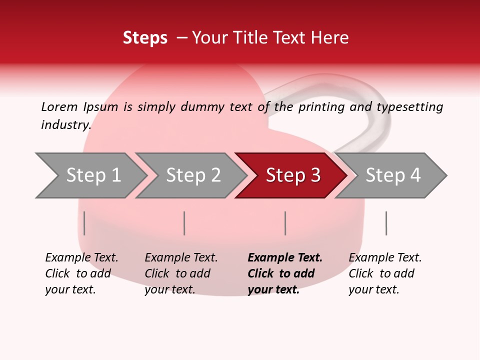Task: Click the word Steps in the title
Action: (145, 38)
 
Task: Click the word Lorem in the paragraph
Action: (59, 106)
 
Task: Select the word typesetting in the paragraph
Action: (409, 107)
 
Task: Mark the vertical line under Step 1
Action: (84, 223)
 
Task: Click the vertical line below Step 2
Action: (184, 223)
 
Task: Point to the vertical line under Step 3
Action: (285, 223)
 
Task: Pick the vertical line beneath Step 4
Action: (386, 223)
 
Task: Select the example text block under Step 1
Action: (81, 273)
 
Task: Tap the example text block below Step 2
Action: (181, 273)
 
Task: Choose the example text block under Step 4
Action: (385, 273)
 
